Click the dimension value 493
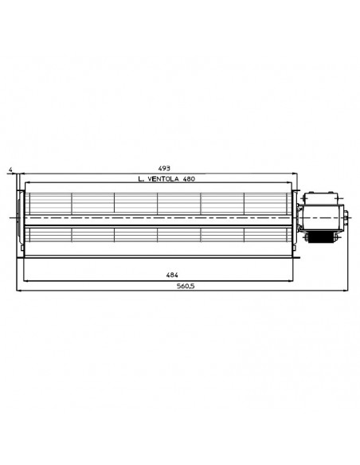(164, 169)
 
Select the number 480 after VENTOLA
(189, 179)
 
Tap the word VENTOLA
(162, 179)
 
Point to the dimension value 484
(172, 275)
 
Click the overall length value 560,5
(186, 286)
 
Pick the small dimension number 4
(10, 170)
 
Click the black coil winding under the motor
(320, 237)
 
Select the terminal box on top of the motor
(321, 198)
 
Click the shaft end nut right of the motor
(346, 218)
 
